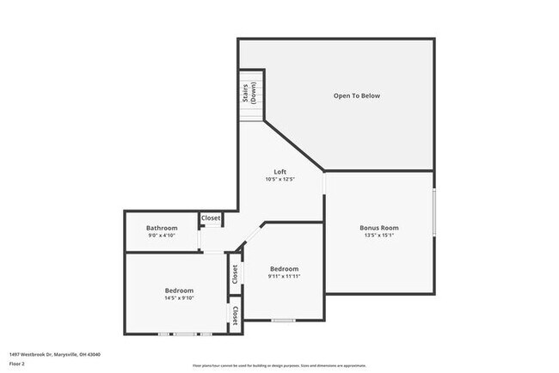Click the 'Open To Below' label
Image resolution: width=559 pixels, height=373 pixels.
[356, 95]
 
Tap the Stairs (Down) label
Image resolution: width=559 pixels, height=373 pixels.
[250, 92]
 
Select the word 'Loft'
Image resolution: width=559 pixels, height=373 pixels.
[279, 172]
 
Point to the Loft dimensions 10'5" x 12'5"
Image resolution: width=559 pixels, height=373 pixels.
[279, 180]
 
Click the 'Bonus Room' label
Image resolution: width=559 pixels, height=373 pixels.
[378, 228]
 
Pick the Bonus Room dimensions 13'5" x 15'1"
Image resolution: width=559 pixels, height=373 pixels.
[378, 235]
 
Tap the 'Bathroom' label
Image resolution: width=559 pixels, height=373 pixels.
[162, 228]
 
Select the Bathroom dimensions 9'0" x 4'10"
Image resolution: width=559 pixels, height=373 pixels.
[162, 235]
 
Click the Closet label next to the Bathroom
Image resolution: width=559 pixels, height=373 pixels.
[211, 218]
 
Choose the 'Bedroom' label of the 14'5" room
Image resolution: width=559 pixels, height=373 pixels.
[179, 290]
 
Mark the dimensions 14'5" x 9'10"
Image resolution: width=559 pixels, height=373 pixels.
[179, 298]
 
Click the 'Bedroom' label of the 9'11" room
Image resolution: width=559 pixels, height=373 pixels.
[284, 268]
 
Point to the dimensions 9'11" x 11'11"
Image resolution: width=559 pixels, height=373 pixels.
[284, 276]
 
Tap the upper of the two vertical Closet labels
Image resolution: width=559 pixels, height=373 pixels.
[234, 273]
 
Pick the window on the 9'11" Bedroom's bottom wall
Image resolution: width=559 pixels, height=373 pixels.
[283, 321]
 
